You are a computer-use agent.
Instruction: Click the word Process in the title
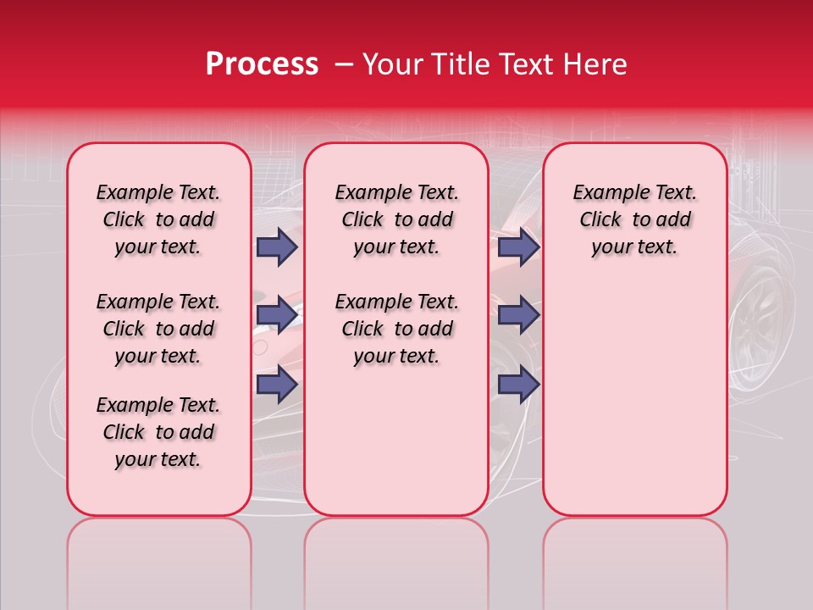[261, 64]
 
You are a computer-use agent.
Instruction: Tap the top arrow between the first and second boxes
[276, 247]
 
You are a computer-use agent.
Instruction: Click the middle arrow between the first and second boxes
[276, 315]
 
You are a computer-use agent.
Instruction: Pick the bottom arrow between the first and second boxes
[276, 385]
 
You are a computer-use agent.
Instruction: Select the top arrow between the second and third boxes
[518, 247]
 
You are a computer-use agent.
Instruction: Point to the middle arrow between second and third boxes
[518, 315]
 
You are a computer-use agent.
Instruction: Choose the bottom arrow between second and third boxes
[518, 385]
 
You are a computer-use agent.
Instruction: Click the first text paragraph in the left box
[158, 219]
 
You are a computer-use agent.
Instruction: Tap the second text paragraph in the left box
[158, 329]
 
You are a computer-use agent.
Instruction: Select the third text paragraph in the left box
[158, 432]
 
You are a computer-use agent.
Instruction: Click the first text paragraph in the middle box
[396, 219]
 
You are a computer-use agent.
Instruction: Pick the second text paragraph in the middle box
[396, 329]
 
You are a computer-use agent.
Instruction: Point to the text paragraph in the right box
[634, 219]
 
